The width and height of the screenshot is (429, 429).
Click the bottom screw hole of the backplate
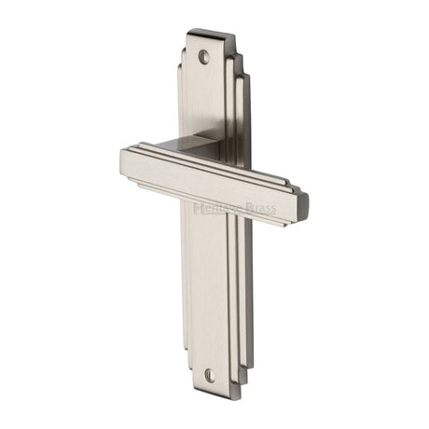click(210, 375)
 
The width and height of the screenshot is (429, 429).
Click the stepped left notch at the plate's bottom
click(181, 373)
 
